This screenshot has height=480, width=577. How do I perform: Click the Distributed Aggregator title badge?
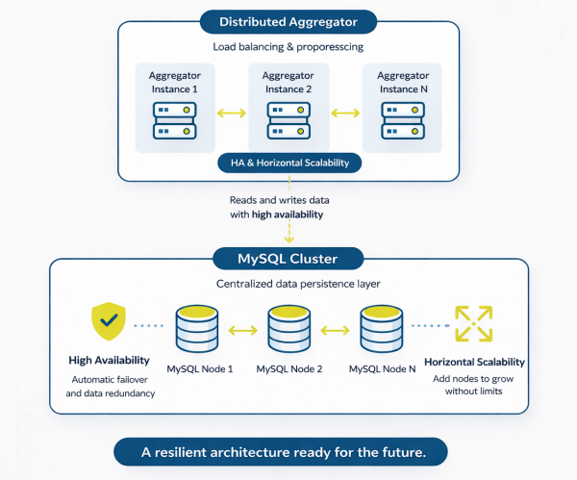288,20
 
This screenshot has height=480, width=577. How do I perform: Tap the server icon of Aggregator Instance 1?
174,119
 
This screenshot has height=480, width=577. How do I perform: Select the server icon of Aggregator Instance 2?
289,119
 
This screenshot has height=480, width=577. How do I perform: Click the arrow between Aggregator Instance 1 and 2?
232,114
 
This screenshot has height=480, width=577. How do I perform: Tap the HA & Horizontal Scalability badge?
289,163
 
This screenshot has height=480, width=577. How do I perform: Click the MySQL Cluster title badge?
288,258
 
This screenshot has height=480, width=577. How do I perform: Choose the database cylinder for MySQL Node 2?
291,329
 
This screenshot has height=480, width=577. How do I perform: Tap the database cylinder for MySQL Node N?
384,329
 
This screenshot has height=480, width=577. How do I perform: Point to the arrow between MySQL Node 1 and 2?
245,331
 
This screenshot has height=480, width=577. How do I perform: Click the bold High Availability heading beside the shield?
108,361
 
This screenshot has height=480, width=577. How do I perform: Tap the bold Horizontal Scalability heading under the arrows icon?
475,363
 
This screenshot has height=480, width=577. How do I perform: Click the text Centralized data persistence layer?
288,285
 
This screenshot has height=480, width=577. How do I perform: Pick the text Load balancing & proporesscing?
288,46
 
